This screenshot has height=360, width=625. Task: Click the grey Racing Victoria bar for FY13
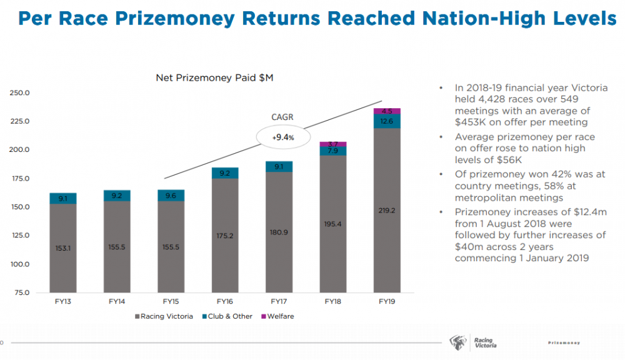tap(62, 247)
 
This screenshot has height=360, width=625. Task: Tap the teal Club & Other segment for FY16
tap(224, 173)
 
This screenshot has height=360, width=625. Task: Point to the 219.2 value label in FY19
tap(387, 211)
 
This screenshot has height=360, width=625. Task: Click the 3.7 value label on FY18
tap(332, 144)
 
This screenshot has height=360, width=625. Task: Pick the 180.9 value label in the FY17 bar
tap(279, 232)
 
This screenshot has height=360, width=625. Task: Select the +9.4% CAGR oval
tap(282, 135)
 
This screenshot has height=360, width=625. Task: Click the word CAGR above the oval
tap(282, 117)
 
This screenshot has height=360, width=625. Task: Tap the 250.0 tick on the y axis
tap(20, 93)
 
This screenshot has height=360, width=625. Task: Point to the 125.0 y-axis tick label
tap(20, 236)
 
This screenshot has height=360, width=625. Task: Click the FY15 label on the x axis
tap(171, 301)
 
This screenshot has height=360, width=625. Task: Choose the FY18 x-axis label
tap(332, 301)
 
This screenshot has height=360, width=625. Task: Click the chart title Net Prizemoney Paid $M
tap(214, 78)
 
